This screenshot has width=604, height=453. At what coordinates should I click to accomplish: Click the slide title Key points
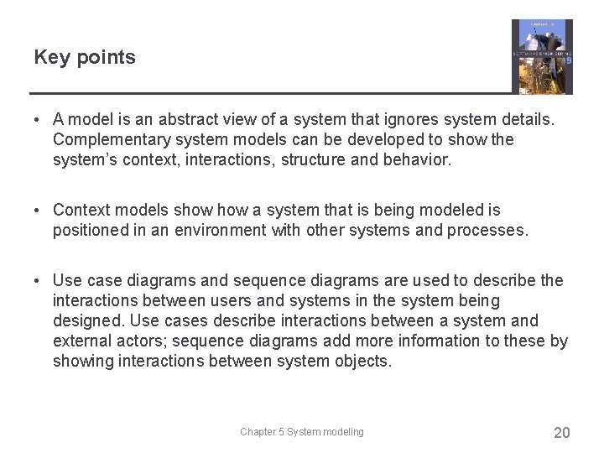coord(84,57)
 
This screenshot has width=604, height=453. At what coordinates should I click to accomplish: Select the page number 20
coord(561,433)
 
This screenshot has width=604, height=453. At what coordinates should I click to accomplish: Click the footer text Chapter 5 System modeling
coord(301,432)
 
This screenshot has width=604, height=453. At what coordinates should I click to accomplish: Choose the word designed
coord(88,321)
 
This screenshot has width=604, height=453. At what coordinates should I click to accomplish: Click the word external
coord(81,341)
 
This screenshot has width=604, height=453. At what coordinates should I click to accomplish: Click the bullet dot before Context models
coord(39,211)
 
